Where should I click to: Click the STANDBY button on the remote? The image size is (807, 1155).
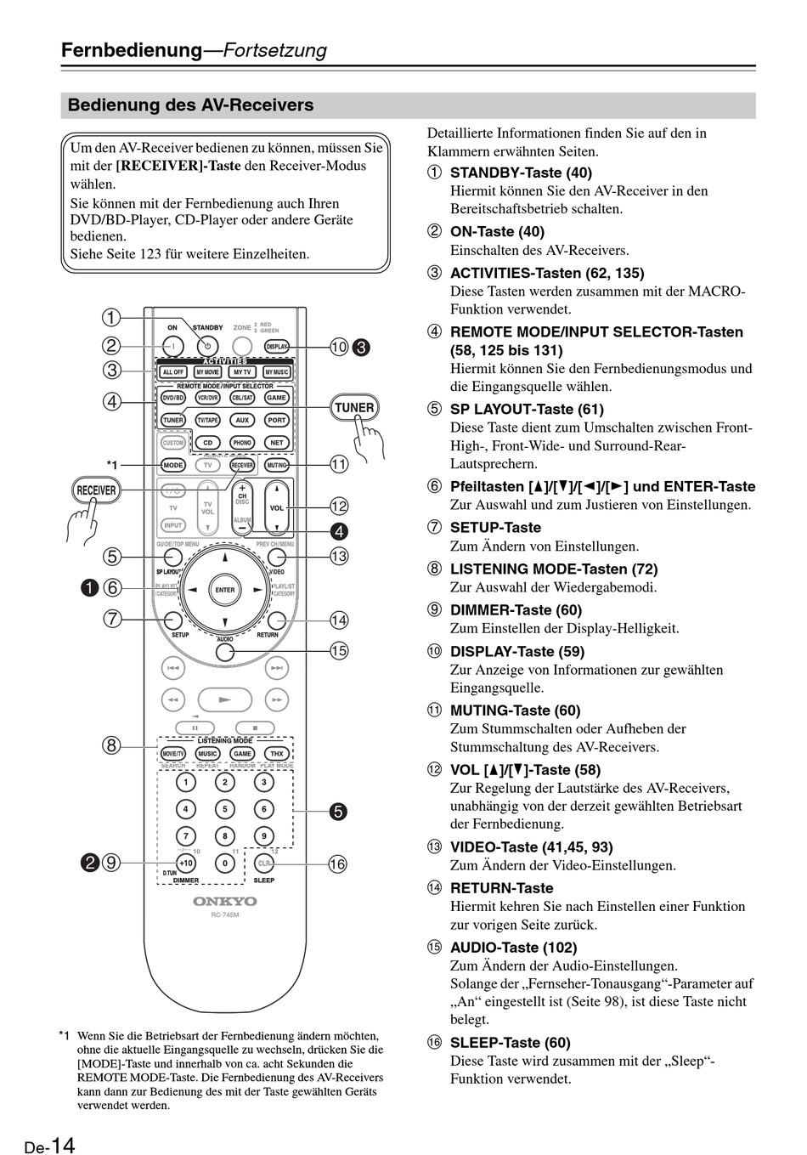207,346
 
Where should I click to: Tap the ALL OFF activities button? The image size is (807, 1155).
173,372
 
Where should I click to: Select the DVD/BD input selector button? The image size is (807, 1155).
173,398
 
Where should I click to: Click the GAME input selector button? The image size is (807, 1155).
276,398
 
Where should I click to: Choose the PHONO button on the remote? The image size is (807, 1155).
242,443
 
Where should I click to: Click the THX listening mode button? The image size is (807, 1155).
276,754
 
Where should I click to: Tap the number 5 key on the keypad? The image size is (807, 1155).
224,809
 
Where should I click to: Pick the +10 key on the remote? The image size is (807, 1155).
186,863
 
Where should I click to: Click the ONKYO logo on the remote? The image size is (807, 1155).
224,901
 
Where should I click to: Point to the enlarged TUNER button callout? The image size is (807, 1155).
354,407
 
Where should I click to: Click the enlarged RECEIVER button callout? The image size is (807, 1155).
96,490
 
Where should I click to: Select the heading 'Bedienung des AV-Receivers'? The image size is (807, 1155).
190,105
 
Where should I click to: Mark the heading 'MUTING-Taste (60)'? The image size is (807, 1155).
515,711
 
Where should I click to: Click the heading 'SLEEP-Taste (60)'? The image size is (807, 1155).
510,1043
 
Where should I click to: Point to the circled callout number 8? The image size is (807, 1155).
111,746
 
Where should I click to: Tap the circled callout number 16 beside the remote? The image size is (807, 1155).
337,864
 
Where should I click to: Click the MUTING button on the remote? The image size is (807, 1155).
276,465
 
